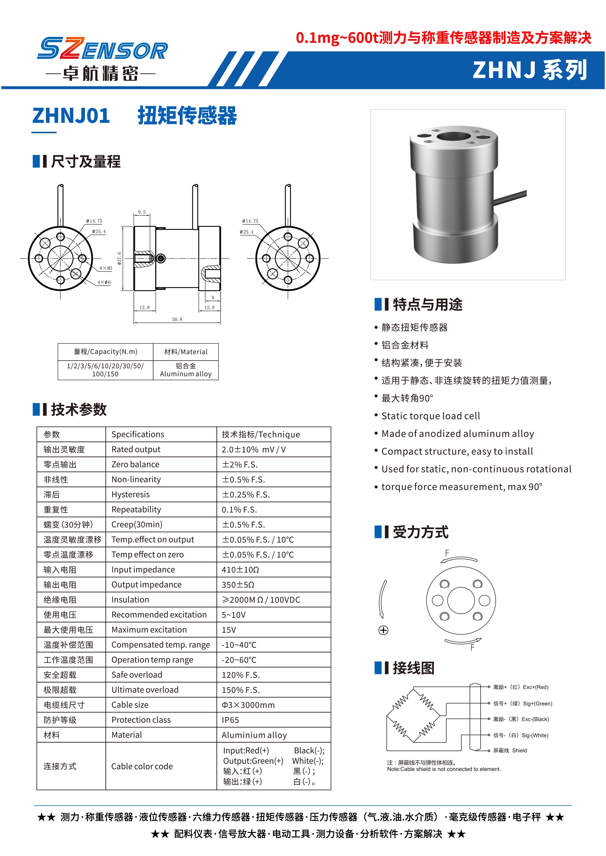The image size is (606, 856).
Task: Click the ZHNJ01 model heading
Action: tap(71, 116)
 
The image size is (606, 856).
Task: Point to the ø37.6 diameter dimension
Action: tap(119, 258)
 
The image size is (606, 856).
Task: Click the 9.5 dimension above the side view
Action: tap(142, 212)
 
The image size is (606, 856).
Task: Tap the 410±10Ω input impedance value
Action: tap(240, 570)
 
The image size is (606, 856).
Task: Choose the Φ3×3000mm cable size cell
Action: tap(248, 705)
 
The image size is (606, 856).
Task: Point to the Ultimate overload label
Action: tap(145, 690)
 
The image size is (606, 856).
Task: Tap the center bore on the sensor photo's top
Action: tap(453, 136)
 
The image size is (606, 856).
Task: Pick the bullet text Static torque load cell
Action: tap(430, 416)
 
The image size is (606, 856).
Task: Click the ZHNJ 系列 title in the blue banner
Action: tap(530, 70)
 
